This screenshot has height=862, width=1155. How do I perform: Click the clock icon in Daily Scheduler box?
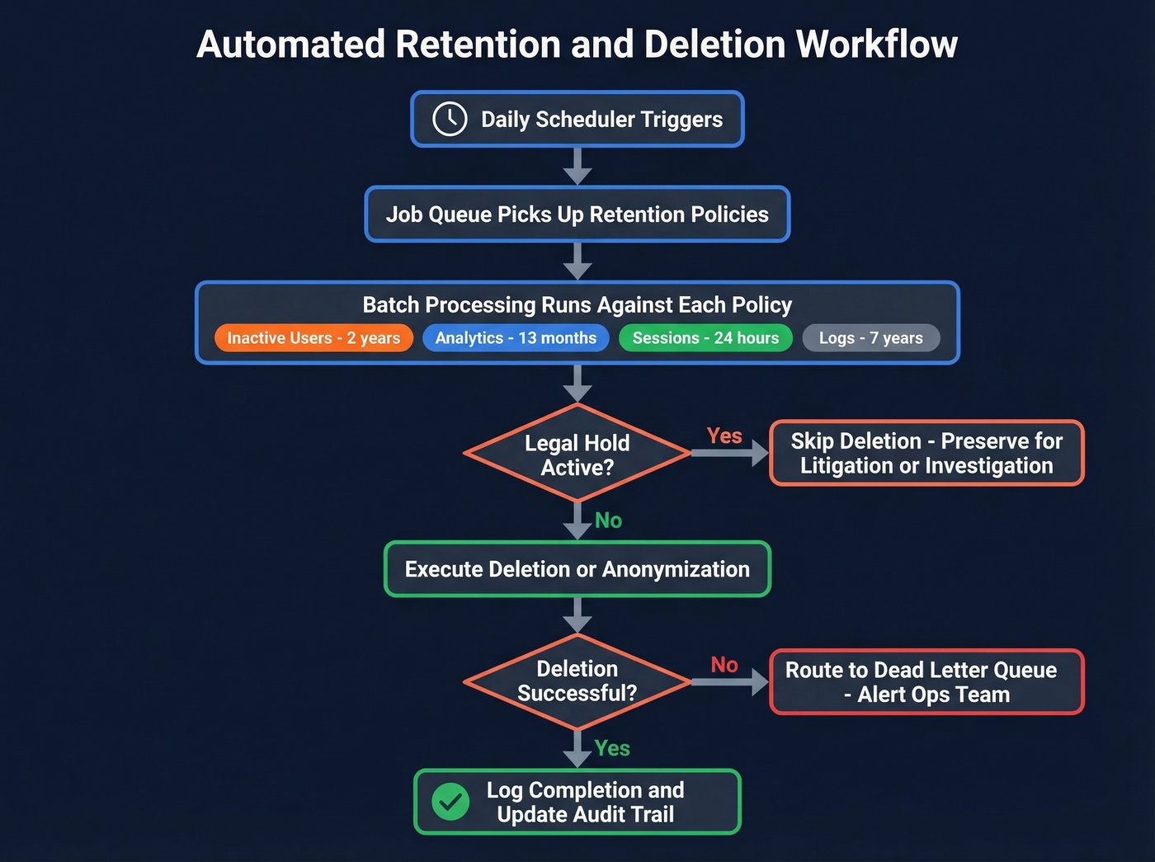(x=450, y=120)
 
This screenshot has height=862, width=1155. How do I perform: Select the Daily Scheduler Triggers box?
(x=577, y=120)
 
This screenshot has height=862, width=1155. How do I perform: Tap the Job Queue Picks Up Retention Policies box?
(x=577, y=214)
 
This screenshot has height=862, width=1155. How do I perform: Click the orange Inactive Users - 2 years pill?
(x=313, y=338)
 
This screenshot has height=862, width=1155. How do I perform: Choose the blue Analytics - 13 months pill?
(x=516, y=338)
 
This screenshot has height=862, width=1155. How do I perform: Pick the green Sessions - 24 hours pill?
(x=705, y=338)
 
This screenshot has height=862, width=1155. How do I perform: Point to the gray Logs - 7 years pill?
(x=871, y=338)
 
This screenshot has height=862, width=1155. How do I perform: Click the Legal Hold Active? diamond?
(x=577, y=454)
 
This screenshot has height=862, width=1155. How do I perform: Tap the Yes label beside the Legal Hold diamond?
(x=724, y=436)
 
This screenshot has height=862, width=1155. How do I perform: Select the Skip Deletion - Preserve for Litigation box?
(x=926, y=454)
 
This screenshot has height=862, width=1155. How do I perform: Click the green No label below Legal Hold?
(x=608, y=520)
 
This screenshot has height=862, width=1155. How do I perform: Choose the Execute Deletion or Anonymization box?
(x=577, y=569)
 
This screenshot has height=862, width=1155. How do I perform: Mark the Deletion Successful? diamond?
(x=577, y=681)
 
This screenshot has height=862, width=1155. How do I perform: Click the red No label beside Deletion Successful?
(x=724, y=665)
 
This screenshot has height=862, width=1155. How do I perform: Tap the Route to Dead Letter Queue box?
(x=926, y=682)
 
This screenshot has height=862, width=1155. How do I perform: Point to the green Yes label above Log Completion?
(x=612, y=748)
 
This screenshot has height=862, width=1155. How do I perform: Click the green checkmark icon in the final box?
(x=450, y=802)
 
